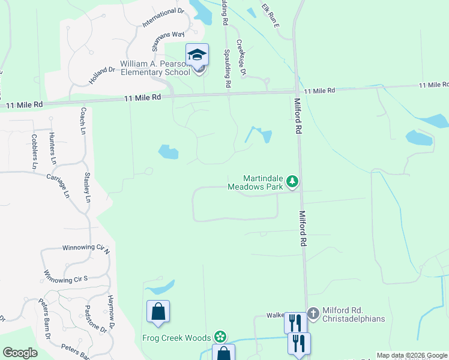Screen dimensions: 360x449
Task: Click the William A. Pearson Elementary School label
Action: (x=155, y=68)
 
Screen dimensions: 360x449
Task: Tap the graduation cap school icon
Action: (x=197, y=55)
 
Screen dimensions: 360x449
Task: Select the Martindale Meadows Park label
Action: (x=263, y=182)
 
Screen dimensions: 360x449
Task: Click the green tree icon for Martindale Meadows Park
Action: (x=292, y=181)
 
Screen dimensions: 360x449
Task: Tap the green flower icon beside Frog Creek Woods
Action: (x=221, y=336)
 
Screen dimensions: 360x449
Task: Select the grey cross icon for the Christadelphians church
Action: (x=313, y=313)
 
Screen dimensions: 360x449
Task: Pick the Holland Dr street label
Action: (x=103, y=77)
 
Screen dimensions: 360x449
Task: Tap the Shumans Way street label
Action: (x=168, y=42)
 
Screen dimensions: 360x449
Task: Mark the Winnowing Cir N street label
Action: (x=86, y=247)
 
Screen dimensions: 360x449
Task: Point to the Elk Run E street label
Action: (x=270, y=16)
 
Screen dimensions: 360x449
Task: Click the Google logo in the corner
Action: (x=20, y=353)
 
